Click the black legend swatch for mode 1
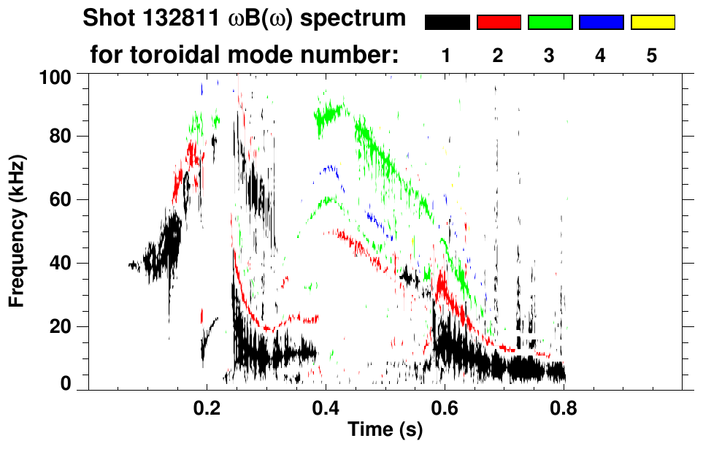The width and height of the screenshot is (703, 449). (447, 23)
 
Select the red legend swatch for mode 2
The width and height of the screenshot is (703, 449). (499, 23)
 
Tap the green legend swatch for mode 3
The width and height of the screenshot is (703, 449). (550, 23)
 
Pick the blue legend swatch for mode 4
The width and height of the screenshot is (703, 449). (601, 23)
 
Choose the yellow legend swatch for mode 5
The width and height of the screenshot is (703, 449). (652, 23)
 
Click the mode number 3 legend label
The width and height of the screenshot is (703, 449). (550, 55)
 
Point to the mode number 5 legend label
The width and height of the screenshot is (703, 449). (652, 55)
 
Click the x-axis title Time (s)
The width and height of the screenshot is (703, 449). (385, 430)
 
